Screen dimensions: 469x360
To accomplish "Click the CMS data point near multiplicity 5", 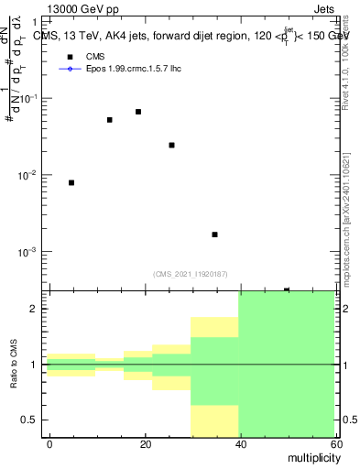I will point(71,183).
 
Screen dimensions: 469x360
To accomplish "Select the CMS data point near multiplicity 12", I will point(110,120).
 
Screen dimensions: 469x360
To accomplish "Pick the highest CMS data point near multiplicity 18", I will point(138,112).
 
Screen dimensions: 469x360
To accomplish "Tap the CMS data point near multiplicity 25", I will point(171,145).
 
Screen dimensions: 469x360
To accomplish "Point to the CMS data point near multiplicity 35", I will point(214,234).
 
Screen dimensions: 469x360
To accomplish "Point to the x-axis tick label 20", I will point(143,444).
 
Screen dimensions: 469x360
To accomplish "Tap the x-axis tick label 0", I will point(49,444).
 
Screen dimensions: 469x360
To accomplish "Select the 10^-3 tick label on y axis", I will point(29,251).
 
